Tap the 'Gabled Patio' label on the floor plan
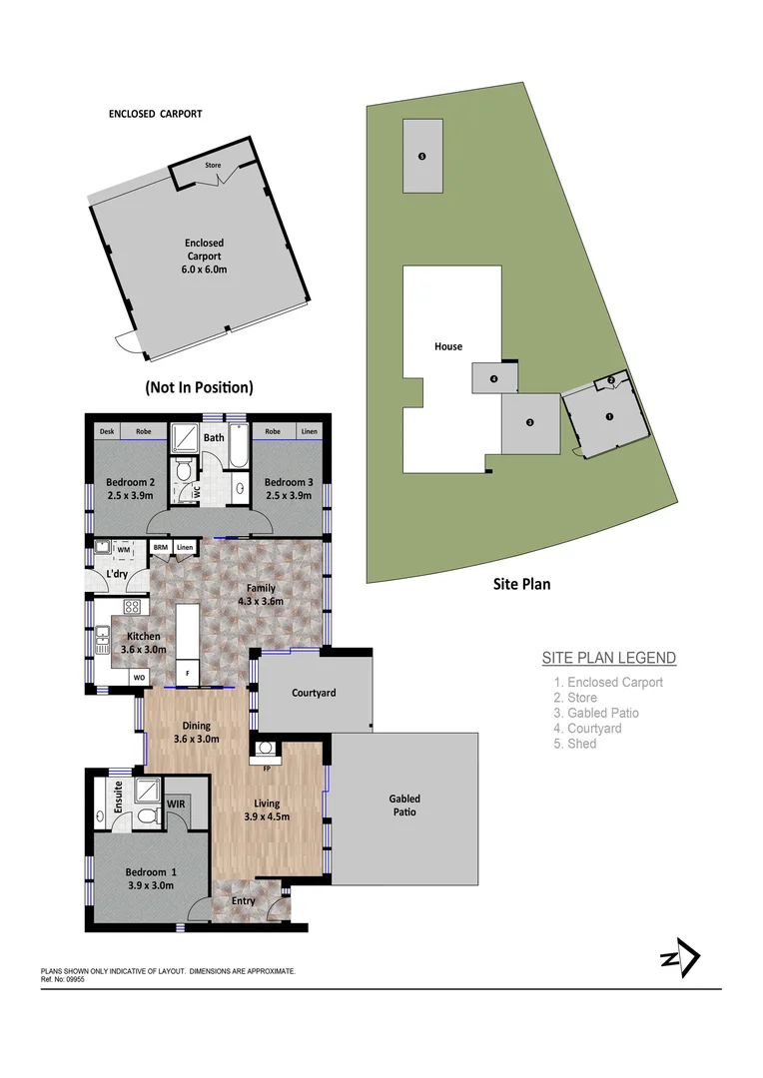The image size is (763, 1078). tap(404, 805)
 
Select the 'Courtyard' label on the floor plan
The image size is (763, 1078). tap(314, 693)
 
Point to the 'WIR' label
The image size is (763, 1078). tap(176, 803)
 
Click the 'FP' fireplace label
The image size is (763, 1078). tap(267, 770)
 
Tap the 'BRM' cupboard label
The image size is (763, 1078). tap(160, 547)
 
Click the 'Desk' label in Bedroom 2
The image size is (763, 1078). tap(107, 432)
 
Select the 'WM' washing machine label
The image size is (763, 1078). tap(124, 548)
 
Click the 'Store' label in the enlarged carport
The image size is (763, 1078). tap(213, 165)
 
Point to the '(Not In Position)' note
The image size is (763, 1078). tap(199, 387)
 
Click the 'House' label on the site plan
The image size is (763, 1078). tap(448, 346)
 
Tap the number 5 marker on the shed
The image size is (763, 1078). tap(422, 157)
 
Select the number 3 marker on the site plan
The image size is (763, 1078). tap(530, 422)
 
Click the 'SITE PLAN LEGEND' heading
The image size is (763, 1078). tap(608, 658)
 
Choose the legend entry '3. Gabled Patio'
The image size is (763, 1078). tap(596, 713)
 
